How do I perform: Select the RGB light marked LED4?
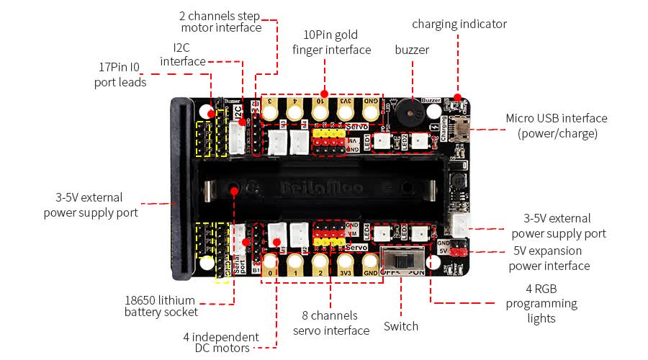[x=382, y=233]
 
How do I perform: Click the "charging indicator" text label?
[x=459, y=24]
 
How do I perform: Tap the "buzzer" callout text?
[x=412, y=50]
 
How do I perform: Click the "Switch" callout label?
[x=401, y=326]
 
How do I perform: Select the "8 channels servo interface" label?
[x=330, y=323]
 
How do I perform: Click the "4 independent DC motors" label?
[x=222, y=343]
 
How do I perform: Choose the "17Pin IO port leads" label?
[x=120, y=75]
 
